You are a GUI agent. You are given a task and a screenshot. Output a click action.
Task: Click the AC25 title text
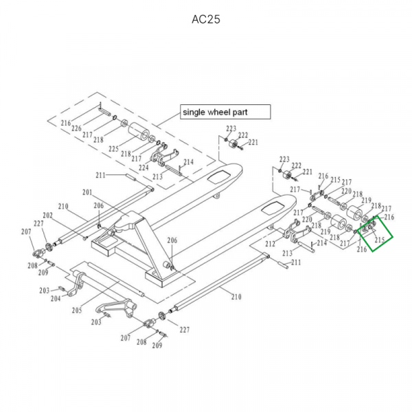[205, 19]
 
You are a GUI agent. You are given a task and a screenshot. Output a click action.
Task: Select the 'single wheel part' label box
[225, 112]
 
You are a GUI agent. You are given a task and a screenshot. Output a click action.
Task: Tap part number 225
[113, 148]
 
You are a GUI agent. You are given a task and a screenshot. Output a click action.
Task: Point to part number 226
[76, 128]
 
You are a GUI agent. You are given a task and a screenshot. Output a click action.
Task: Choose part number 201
[87, 191]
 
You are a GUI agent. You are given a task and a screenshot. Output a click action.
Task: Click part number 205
[77, 310]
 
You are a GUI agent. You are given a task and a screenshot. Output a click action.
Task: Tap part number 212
[270, 243]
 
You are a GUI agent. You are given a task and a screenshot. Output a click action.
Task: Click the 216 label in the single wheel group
[66, 123]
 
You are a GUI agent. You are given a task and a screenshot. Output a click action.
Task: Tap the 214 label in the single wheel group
[188, 162]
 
